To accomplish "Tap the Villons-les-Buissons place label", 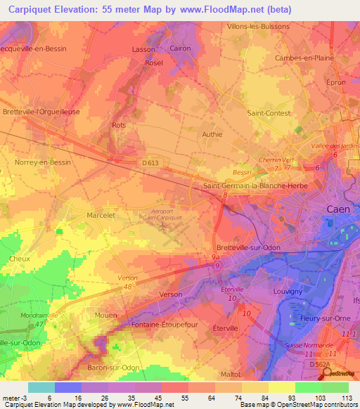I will coord(259,27).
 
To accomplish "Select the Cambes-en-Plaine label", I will coord(304,58).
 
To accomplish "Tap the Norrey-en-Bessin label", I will coord(43,162).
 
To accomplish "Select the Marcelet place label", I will coord(101,216).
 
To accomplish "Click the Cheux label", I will coord(20,259).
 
